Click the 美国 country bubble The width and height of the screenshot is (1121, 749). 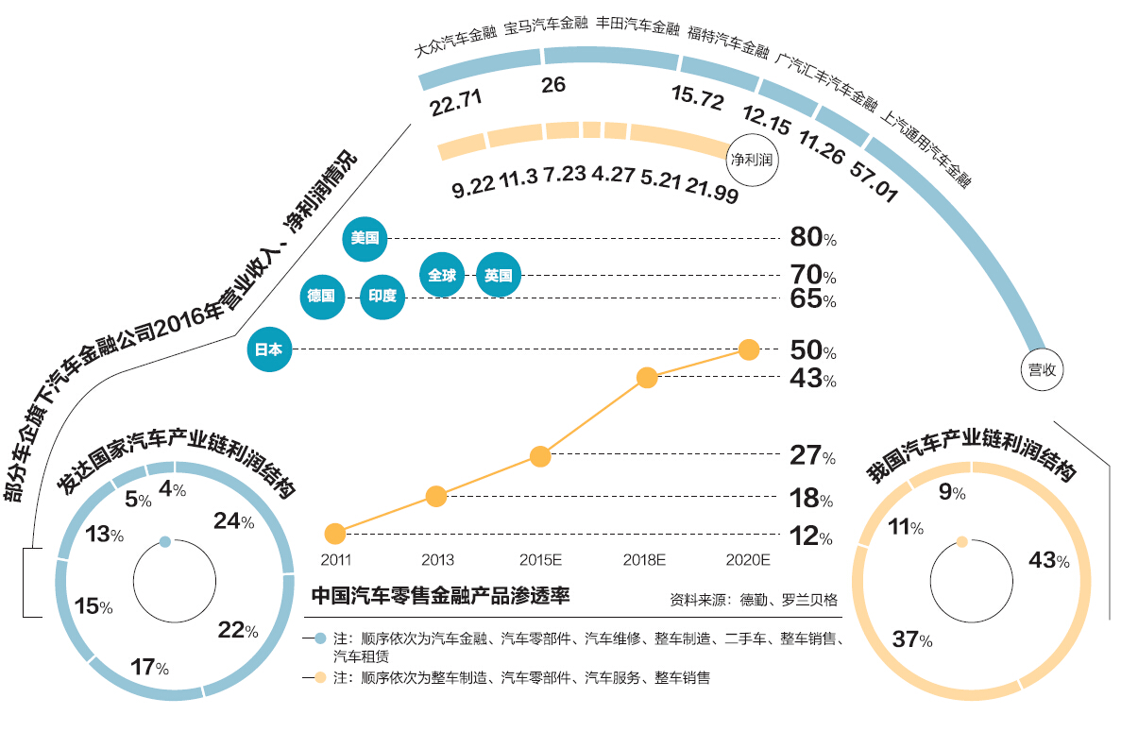point(365,238)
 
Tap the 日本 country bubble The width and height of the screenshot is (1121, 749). point(269,349)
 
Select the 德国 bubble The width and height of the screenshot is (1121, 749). point(322,296)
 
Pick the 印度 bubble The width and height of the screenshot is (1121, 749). point(382,296)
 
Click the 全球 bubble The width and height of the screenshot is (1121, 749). point(442,275)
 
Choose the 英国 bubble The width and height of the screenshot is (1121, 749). point(499,275)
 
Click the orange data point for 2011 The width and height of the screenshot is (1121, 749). point(334,533)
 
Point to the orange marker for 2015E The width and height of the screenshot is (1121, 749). point(540,456)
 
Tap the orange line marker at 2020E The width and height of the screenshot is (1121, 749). point(749,349)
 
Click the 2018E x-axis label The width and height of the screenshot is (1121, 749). point(644,559)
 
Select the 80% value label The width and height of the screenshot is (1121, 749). point(813,237)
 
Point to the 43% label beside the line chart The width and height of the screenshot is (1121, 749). point(813,378)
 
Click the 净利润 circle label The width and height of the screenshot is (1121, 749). point(752,160)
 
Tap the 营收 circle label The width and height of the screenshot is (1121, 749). point(1042,369)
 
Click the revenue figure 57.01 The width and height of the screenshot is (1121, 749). point(874,180)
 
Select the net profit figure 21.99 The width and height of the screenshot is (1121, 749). point(712,190)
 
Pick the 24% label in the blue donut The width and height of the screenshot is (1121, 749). point(234,521)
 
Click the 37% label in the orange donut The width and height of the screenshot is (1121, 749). point(912,638)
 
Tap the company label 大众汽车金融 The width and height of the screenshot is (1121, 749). point(455,41)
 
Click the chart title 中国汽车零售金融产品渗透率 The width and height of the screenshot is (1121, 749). point(440,595)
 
